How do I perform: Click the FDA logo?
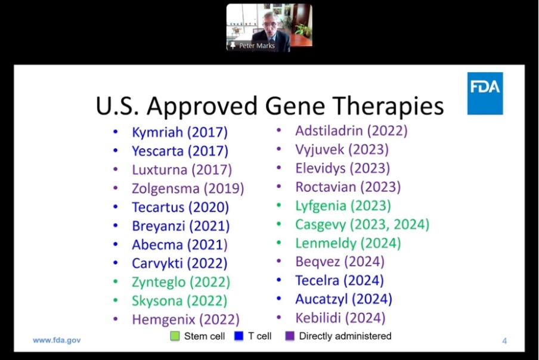(x=485, y=94)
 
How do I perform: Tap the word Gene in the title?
(x=295, y=105)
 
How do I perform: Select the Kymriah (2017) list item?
(x=180, y=132)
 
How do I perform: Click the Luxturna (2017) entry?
(x=182, y=170)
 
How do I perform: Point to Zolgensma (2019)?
(x=188, y=188)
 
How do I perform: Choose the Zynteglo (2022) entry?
(x=181, y=283)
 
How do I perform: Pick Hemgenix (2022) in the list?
(x=185, y=320)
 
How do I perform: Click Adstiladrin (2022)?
(x=351, y=131)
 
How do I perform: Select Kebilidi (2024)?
(x=340, y=318)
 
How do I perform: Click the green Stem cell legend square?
(x=175, y=336)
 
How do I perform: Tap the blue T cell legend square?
(x=238, y=336)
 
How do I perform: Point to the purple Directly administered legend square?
(x=290, y=336)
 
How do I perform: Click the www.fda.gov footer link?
(x=57, y=340)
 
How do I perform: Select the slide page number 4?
(x=504, y=341)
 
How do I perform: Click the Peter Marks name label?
(x=257, y=46)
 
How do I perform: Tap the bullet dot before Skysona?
(x=116, y=300)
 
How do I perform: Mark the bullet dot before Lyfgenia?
(x=279, y=206)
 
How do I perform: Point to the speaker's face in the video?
(x=269, y=24)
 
